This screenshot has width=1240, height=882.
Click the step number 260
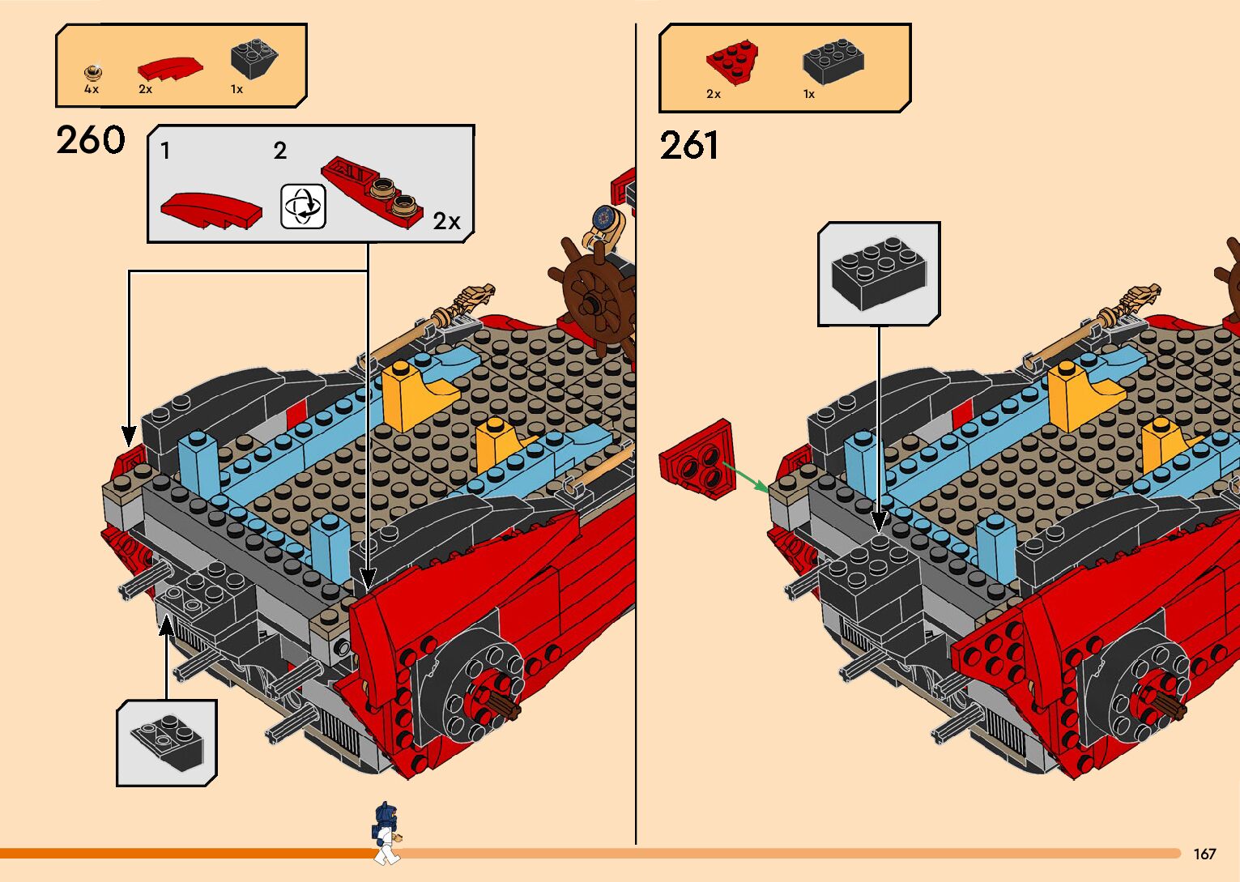coord(91,140)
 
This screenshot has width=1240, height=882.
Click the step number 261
coord(689,147)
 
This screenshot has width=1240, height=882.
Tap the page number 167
coord(1204,854)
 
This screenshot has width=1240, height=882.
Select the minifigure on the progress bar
coord(387,832)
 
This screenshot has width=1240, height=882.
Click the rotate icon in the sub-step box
coord(303,206)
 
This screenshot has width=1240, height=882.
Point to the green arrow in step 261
coord(745,477)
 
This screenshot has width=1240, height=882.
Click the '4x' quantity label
coord(92,89)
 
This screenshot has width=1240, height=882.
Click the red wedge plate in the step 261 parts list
coord(732,62)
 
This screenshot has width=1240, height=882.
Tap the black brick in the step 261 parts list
coord(833,61)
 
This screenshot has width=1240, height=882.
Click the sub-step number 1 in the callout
coord(165,151)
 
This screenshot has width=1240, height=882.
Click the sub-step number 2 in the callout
coord(280,151)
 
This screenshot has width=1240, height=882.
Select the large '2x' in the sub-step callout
coord(446,221)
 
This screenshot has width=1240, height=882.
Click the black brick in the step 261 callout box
coord(879,273)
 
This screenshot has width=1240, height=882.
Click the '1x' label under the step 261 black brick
coord(808,94)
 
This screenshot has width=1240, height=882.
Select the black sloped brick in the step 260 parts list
coord(254,58)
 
